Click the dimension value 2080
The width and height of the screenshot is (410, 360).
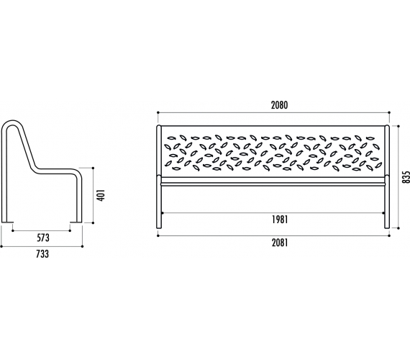[279, 105]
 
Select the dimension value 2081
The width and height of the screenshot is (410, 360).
[280, 243]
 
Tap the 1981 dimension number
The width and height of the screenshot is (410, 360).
[280, 220]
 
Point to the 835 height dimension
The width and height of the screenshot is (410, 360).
[406, 177]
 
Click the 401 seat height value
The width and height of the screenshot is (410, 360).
[101, 195]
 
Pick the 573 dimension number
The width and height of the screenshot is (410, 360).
[43, 238]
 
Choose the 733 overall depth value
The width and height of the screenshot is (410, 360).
[42, 254]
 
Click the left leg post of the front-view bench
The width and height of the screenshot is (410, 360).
[159, 177]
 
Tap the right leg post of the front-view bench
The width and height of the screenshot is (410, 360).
[387, 177]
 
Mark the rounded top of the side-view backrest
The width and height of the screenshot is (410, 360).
[12, 122]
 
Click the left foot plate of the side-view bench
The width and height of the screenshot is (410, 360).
[7, 222]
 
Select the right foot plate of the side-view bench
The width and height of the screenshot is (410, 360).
[76, 222]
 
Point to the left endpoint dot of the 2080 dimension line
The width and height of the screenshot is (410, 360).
[158, 112]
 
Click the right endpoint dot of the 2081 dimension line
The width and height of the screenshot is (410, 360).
[389, 236]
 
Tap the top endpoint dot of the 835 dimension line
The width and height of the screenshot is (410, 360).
[398, 126]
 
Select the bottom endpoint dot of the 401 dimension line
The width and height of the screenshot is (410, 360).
[93, 222]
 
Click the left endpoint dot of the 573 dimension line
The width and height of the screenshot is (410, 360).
[12, 230]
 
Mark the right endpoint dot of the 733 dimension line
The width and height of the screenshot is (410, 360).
[83, 246]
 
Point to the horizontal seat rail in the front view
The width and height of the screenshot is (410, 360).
[273, 184]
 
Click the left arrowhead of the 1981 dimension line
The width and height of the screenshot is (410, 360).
[163, 213]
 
